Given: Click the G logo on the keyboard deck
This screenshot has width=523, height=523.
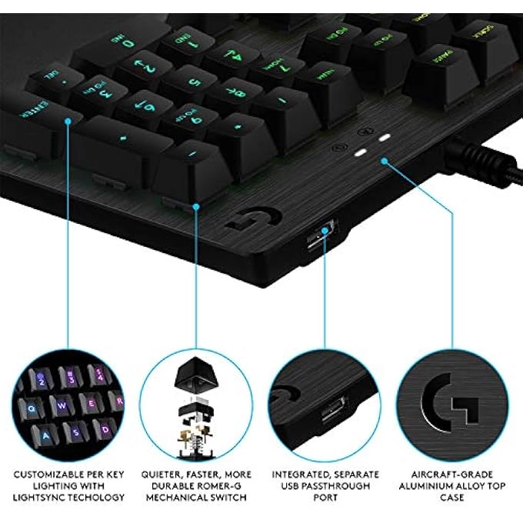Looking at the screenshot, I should (245, 220).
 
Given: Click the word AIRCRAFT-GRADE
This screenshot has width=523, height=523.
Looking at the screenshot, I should (457, 475).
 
